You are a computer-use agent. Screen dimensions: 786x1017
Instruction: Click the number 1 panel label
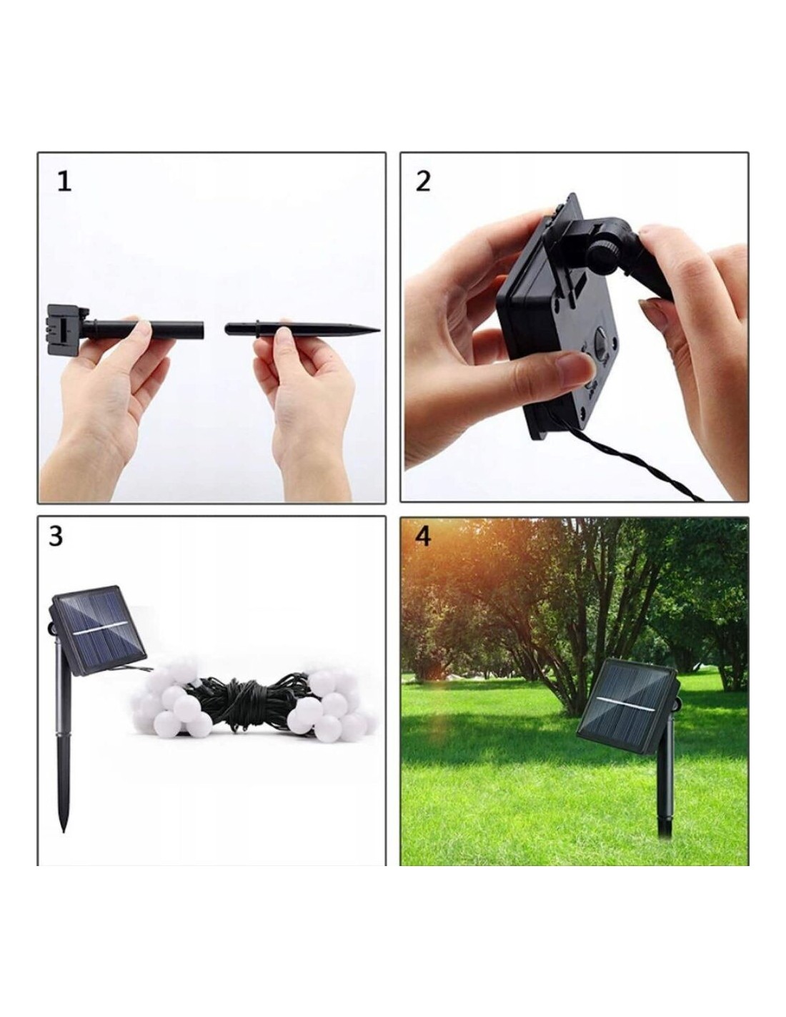[x=64, y=182]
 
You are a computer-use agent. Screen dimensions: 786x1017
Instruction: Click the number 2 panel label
[x=423, y=182]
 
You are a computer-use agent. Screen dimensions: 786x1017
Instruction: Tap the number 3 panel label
[x=55, y=536]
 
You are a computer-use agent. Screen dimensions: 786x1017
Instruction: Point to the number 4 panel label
[x=422, y=536]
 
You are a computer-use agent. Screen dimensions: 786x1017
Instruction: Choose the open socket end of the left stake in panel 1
[x=202, y=330]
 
